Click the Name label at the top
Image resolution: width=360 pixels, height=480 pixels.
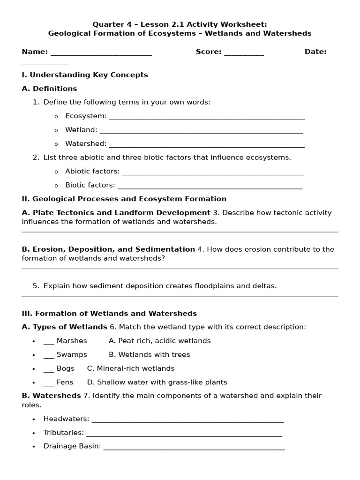point(35,52)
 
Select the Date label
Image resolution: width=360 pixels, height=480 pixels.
point(315,52)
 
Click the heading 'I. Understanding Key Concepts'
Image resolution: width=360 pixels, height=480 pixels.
point(85,75)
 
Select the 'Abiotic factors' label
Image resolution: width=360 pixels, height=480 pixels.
point(92,172)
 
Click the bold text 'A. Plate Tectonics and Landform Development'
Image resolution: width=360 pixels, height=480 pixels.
point(116,213)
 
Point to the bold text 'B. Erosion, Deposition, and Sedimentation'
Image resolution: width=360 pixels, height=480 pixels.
point(108,249)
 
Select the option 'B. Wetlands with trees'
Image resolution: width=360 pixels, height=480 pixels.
point(149,355)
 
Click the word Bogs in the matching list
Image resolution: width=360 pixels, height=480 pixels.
point(65,368)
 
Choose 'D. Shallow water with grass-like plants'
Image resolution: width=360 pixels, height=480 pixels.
point(157,382)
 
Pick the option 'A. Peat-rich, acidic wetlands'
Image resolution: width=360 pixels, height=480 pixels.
point(159,341)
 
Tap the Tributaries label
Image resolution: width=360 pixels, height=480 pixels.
point(64,433)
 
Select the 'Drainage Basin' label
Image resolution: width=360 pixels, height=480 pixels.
point(72,446)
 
